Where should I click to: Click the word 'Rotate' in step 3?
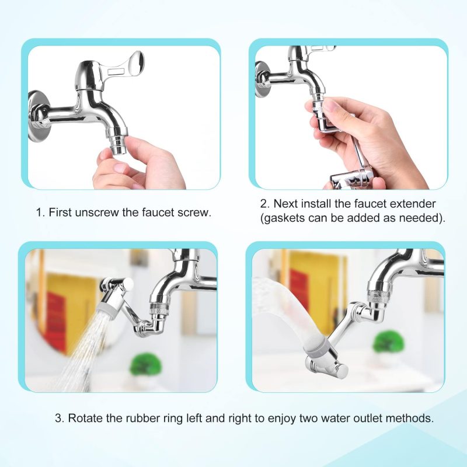click(x=85, y=418)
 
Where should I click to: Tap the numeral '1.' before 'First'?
click(x=41, y=212)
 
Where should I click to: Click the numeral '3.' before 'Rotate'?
click(x=60, y=418)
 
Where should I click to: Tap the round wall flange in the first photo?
click(x=38, y=116)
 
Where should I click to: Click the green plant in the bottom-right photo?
click(x=388, y=342)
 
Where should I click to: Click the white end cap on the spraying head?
click(x=128, y=284)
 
